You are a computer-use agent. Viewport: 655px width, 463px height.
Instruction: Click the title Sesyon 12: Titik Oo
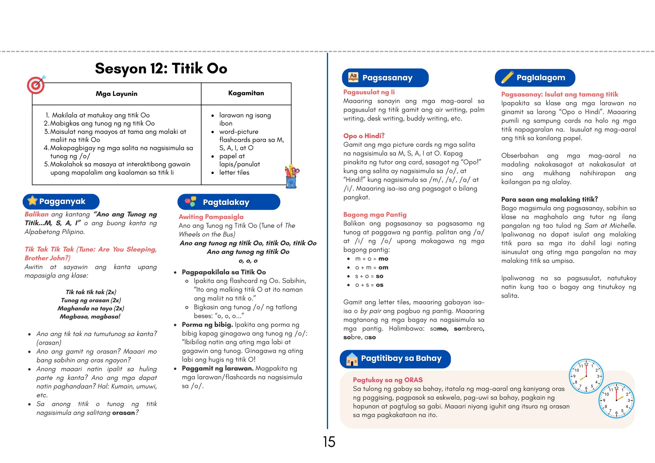coord(161,68)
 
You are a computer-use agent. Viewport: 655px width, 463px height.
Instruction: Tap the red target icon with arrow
coord(36,85)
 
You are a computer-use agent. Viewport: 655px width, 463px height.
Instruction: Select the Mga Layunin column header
coord(116,94)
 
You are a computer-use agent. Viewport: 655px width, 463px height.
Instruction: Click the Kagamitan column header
coord(246,93)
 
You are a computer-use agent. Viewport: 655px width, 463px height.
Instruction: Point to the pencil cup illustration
coord(291,177)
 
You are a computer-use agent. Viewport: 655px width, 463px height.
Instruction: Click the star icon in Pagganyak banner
coord(32,201)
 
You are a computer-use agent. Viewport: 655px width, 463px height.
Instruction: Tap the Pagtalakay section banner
coord(229,202)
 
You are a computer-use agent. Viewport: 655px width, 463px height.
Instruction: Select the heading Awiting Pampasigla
coord(211,217)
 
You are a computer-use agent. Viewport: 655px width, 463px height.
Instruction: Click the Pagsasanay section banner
coord(385,78)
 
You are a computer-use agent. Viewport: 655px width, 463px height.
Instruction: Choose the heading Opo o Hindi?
coord(364,136)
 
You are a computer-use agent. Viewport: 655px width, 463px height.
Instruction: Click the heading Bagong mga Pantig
coord(375,215)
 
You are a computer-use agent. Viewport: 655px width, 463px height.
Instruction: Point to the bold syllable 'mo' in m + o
coord(383,259)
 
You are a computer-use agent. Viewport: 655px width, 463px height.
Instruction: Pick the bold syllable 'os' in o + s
coord(380,285)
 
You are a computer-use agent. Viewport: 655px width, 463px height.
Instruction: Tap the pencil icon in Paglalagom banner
coord(507,77)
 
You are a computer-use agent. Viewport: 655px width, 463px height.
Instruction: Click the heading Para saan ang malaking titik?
coord(549,200)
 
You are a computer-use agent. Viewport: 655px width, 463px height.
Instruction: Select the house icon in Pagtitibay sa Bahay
coord(352,359)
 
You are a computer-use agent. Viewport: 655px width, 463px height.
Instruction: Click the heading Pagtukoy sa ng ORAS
coord(387,380)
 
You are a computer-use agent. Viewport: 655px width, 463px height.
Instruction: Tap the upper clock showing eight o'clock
coord(586,376)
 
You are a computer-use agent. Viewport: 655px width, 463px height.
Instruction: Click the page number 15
coord(329,442)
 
